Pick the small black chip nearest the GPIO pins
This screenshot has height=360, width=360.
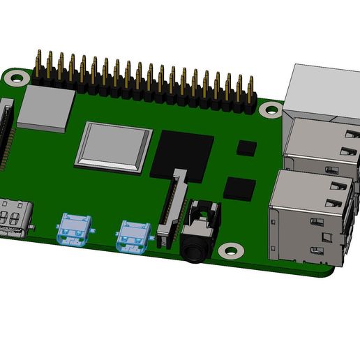pyautogui.click(x=247, y=147)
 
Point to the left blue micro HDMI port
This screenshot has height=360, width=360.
pyautogui.click(x=74, y=229)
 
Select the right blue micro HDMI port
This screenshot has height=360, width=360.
pyautogui.click(x=133, y=234)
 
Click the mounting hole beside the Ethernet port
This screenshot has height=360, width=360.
pyautogui.click(x=268, y=108)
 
